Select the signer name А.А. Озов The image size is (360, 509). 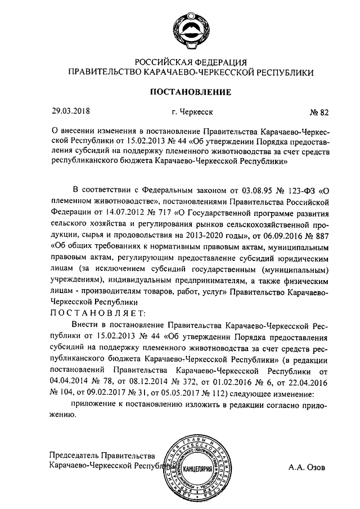click(307, 466)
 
